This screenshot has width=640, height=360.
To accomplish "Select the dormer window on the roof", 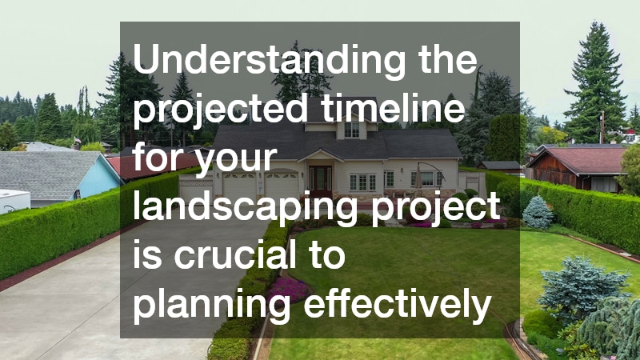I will (x=351, y=128).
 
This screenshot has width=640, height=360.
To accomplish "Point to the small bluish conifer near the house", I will (x=537, y=212).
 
